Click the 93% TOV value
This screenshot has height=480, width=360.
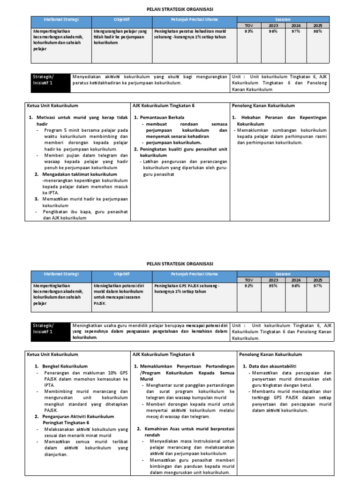[248, 31]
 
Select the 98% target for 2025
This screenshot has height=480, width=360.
[318, 31]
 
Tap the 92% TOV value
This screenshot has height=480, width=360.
[248, 285]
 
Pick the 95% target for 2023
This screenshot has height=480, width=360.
[273, 285]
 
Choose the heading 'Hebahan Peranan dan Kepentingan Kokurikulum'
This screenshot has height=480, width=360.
[281, 120]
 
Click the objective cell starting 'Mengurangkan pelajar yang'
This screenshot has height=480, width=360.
[120, 37]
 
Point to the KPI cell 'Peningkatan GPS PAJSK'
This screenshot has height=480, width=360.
[187, 288]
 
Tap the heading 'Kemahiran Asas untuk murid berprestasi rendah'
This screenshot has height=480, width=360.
[186, 432]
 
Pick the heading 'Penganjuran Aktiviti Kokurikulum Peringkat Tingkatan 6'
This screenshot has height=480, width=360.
[75, 419]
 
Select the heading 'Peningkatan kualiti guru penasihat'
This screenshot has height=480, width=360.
[180, 152]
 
